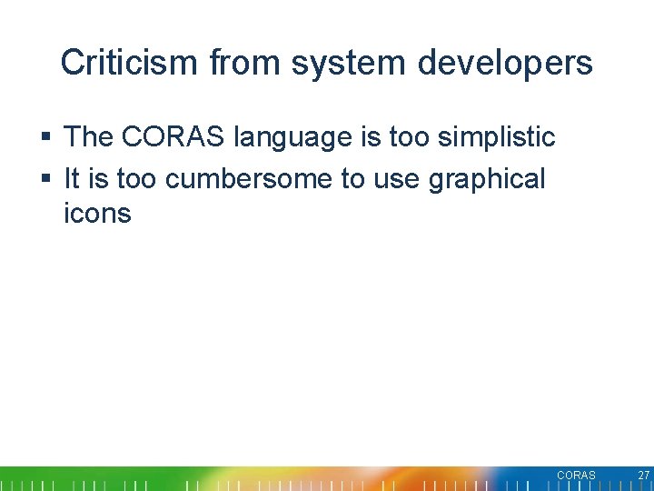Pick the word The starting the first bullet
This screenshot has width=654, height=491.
click(88, 137)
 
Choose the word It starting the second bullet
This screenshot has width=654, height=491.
click(73, 179)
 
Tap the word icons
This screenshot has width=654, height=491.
click(97, 214)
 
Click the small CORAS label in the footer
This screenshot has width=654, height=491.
click(576, 476)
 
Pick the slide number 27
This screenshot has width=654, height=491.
click(643, 476)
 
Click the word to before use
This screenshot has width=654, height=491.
click(353, 179)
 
